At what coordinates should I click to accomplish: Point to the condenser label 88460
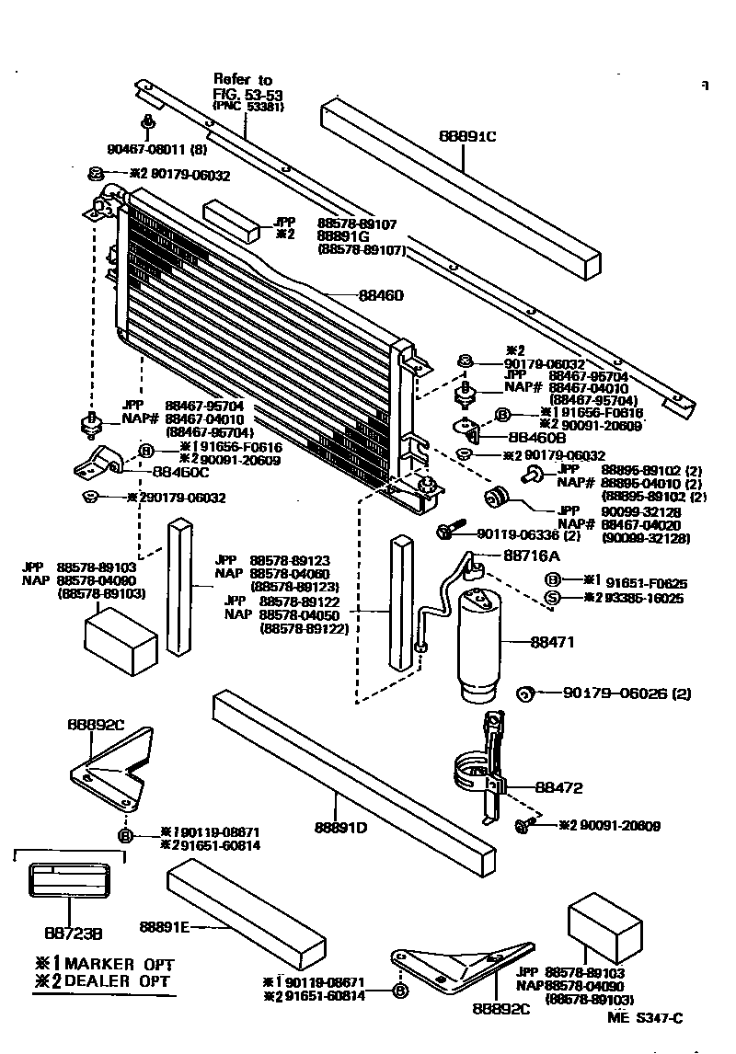pyautogui.click(x=381, y=296)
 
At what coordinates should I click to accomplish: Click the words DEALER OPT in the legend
pyautogui.click(x=118, y=980)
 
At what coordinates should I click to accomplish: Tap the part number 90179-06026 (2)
pyautogui.click(x=627, y=693)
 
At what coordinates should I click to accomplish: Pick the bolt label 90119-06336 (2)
pyautogui.click(x=528, y=534)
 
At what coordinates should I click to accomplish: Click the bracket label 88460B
pyautogui.click(x=537, y=438)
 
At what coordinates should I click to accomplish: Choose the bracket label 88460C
pyautogui.click(x=180, y=472)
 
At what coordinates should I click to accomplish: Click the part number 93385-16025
pyautogui.click(x=638, y=598)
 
